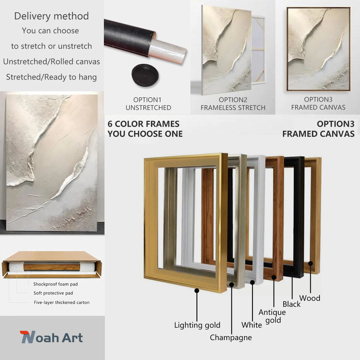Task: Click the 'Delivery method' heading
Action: pos(51,16)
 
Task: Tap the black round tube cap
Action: pos(145,75)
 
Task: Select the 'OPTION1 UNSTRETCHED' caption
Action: pos(148,103)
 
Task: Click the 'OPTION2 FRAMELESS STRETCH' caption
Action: pos(233,103)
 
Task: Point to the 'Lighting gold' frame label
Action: pos(197,325)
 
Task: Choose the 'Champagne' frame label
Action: pos(231,337)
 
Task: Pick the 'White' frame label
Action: pos(252,325)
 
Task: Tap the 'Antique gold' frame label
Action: pos(272,316)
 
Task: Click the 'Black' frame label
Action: pos(291,304)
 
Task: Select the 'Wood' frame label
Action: pos(310,298)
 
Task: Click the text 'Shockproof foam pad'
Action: pos(55,284)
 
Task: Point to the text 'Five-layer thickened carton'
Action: pos(62,303)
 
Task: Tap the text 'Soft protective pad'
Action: pos(53,293)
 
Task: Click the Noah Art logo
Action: pos(51,337)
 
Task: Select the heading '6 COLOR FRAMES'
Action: pos(144,124)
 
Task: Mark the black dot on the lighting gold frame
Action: pos(197,291)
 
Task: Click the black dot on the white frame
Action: pos(252,282)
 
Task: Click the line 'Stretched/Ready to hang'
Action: pos(51,77)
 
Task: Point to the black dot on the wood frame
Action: pos(310,264)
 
